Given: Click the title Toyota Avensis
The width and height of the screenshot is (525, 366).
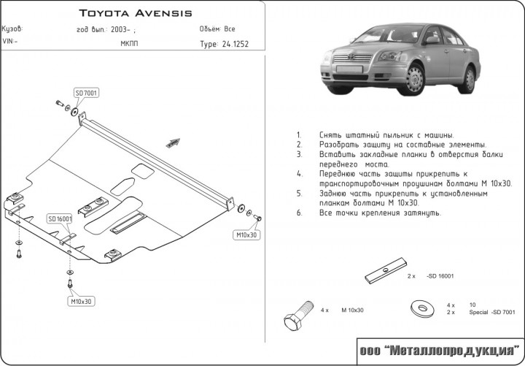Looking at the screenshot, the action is [x=136, y=13].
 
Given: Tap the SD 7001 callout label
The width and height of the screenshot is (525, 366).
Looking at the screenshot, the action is [x=87, y=93].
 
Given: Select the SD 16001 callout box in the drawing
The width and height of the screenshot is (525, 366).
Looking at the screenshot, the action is [x=60, y=219].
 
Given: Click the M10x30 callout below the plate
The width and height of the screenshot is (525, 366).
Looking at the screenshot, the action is [x=81, y=301].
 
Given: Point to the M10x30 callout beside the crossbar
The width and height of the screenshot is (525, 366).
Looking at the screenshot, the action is [x=246, y=235].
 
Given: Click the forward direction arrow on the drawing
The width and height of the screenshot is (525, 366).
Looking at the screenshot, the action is [x=173, y=143].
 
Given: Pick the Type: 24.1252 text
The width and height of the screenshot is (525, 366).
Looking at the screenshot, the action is [x=225, y=45].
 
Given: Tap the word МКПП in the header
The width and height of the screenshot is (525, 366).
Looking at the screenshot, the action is [x=129, y=44].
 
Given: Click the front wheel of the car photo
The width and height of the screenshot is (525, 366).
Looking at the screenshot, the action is [x=415, y=80].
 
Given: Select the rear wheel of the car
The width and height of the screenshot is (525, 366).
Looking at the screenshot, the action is [x=470, y=80].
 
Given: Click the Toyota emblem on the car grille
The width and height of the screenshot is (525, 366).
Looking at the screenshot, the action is [x=351, y=57].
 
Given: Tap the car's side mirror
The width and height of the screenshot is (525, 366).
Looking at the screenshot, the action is [x=432, y=40].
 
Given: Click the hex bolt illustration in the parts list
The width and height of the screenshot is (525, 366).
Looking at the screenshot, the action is [x=298, y=315].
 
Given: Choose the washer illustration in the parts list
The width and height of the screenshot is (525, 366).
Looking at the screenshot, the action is [x=422, y=308].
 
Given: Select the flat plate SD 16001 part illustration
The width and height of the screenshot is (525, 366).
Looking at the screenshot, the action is [x=386, y=270].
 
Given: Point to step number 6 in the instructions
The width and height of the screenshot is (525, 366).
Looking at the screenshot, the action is [x=300, y=213].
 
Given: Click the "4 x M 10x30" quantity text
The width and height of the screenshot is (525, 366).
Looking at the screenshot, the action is [x=342, y=310].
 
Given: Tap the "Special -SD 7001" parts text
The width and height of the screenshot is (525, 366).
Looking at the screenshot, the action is [x=492, y=313].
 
